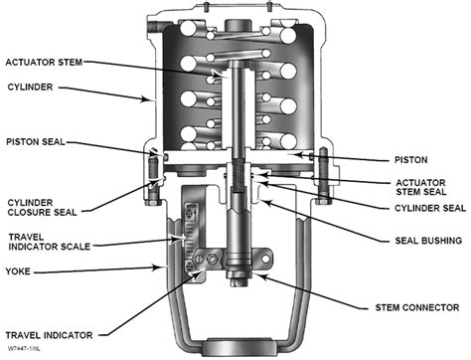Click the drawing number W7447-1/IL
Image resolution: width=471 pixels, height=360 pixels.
click(27, 349)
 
